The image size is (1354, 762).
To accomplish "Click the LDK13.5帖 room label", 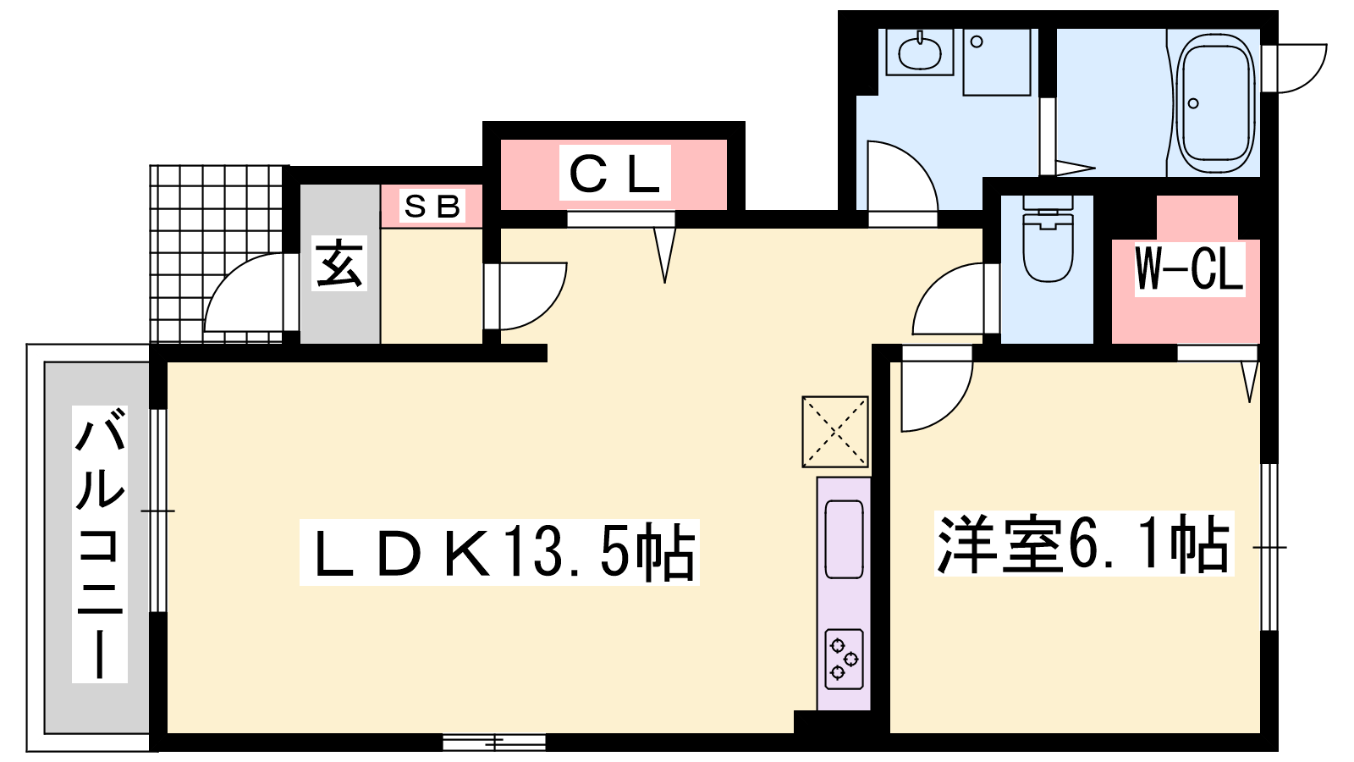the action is coord(499,552).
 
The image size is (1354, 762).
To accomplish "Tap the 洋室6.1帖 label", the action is coord(1083,544).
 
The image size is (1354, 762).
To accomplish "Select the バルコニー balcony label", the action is coord(100,544).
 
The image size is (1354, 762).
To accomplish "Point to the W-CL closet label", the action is coord(1189,268).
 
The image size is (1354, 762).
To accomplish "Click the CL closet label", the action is coord(614,173).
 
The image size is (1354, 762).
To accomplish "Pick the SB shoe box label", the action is coord(432,206).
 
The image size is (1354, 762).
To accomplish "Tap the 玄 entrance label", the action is coord(339,263).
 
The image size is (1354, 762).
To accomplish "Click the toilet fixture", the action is coord(1048,238).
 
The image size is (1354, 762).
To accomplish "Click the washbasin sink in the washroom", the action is coord(919,52).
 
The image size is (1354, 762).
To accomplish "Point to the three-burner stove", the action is coord(844,660).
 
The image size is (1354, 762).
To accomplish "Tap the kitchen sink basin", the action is coord(844,539).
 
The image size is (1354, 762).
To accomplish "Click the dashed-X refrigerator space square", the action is coord(835,432).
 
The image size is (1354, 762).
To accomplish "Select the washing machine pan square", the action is coord(997,62).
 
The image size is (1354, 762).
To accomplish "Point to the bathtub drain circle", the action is coord(1193,103).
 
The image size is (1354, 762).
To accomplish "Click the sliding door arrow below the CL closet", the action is coord(665,255).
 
